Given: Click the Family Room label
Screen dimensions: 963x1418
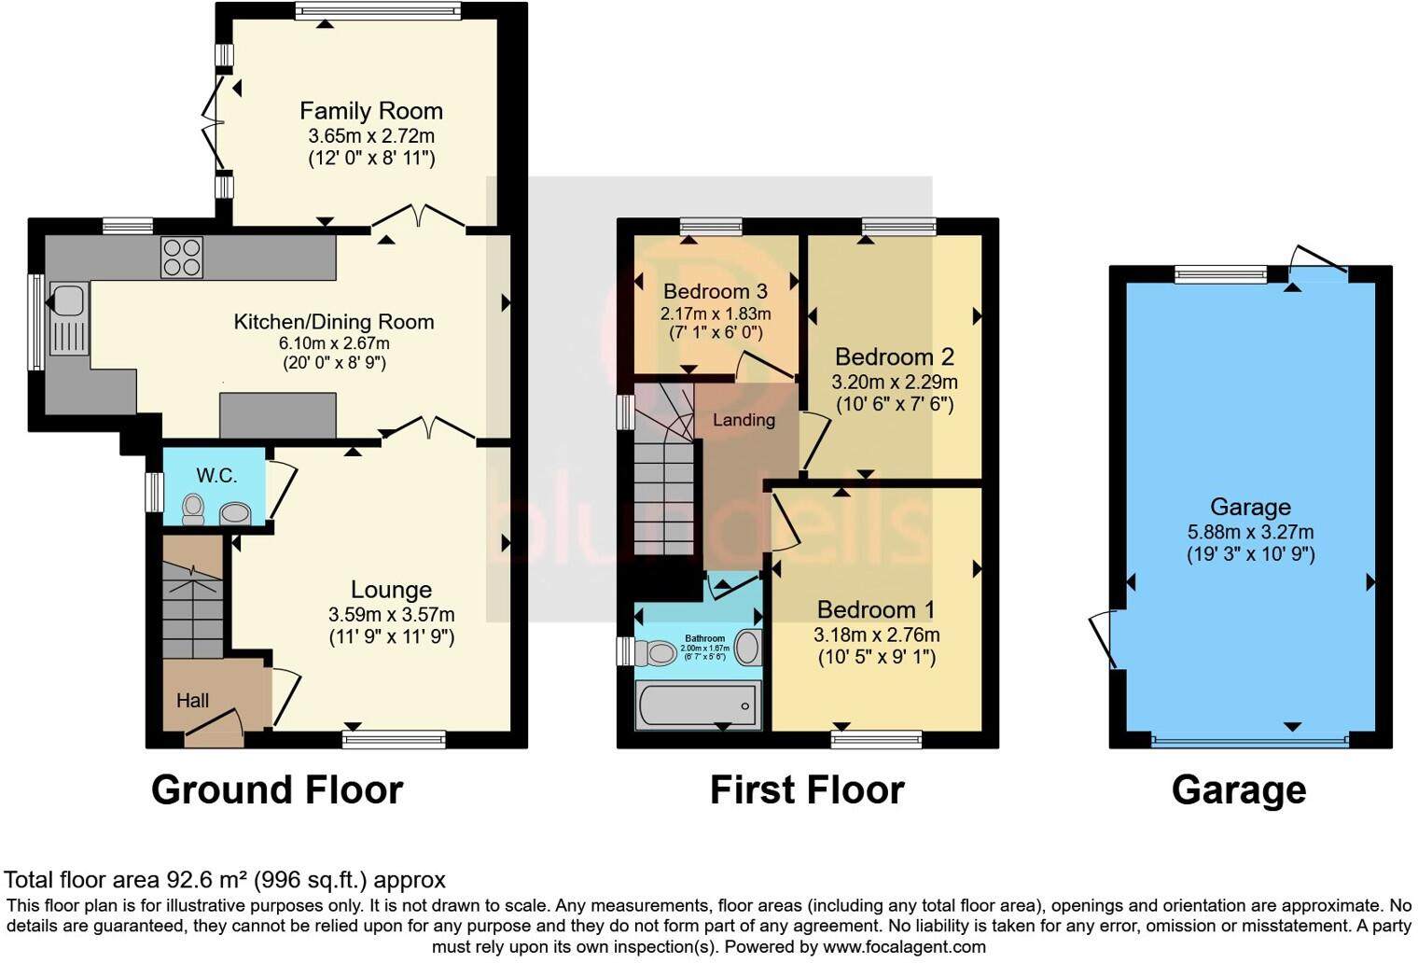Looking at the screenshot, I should (370, 111).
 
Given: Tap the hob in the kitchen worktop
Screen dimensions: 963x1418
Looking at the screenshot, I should (182, 258).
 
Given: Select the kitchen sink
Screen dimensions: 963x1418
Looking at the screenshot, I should (68, 300).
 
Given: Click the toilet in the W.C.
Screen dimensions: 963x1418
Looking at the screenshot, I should (193, 509).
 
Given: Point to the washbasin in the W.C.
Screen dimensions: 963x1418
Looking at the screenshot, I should (235, 513).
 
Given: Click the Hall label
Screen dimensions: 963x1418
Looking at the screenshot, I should (192, 701).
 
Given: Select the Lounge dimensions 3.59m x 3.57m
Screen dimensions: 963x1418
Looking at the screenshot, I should (391, 615).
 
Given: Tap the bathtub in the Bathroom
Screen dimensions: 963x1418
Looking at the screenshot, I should (698, 705).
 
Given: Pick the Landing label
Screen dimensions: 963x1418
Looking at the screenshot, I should (744, 420).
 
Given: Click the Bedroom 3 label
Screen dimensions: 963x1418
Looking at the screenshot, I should (715, 291).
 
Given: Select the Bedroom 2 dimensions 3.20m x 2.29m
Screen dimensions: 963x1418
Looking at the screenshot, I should (894, 382).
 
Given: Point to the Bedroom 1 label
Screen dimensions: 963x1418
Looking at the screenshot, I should (875, 609).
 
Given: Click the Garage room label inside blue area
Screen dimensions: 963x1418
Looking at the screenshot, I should (1250, 507).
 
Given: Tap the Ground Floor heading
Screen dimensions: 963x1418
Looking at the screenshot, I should (277, 789).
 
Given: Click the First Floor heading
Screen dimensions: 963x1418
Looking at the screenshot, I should (807, 789).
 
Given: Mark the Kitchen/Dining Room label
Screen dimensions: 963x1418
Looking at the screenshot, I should (334, 322).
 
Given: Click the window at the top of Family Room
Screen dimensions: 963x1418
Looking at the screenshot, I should (378, 11).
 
